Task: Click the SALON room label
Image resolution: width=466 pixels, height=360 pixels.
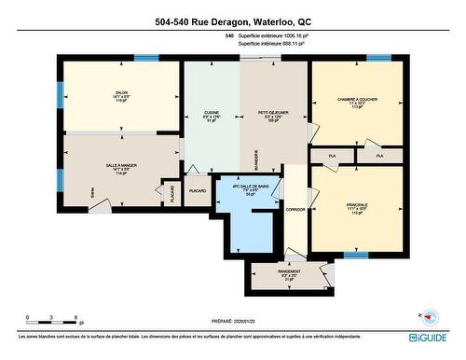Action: point(121,93)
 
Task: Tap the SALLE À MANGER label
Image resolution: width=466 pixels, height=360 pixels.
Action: point(120,165)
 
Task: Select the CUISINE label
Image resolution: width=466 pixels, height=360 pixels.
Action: point(212,113)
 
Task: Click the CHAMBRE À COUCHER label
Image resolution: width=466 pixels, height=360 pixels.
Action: point(356,100)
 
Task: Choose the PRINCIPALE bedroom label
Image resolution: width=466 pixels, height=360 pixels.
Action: point(356,204)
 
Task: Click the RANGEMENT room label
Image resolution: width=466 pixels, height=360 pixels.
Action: point(288,272)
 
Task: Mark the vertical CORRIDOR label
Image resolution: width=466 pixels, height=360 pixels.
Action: point(295,210)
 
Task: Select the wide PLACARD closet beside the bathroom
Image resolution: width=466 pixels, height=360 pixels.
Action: point(198,191)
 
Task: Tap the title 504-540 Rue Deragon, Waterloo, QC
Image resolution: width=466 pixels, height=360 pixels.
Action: point(232,21)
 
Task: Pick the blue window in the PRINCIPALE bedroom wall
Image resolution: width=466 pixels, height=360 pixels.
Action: point(356,254)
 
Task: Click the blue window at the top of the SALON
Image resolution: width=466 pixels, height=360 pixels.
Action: point(146,58)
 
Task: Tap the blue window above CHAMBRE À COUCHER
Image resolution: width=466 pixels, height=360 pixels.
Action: point(378,58)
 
